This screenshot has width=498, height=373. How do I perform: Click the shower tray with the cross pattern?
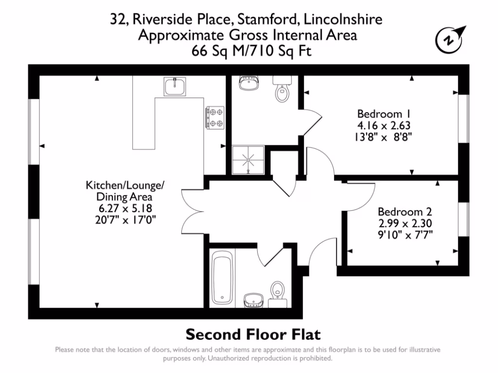[249, 159]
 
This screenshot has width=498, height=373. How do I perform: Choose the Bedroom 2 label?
[405, 212]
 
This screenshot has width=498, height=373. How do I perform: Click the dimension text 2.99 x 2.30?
[405, 223]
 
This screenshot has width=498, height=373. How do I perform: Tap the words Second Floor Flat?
[253, 335]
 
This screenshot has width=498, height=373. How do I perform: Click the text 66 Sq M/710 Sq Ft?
[248, 50]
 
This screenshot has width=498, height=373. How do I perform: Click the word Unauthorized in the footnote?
[229, 358]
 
